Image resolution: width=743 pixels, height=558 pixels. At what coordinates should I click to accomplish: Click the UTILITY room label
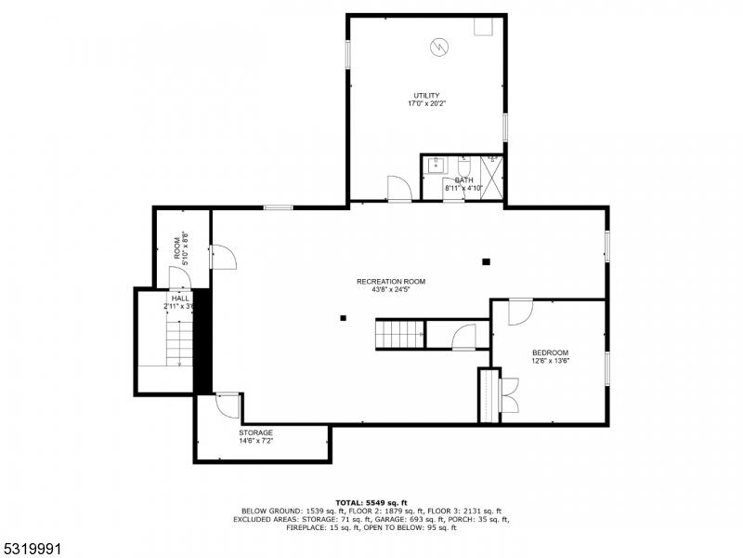[426, 95]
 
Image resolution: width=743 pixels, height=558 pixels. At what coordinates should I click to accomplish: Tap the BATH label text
[463, 179]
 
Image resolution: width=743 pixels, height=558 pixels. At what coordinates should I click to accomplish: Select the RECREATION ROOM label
[390, 281]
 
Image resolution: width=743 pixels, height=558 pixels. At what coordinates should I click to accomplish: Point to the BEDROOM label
[550, 352]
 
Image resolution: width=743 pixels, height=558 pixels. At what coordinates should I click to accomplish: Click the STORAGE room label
[255, 432]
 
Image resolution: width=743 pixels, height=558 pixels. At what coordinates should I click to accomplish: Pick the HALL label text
[179, 299]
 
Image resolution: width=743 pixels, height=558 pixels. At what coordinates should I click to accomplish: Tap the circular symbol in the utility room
[438, 46]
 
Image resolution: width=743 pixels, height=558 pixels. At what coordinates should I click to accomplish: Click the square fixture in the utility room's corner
[484, 27]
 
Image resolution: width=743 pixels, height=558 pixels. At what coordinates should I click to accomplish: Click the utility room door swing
[398, 187]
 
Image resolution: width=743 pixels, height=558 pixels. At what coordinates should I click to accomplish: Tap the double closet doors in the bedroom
[509, 394]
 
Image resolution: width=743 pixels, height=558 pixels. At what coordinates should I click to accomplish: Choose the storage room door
[227, 405]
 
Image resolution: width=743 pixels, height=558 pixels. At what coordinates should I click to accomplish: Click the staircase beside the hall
[178, 341]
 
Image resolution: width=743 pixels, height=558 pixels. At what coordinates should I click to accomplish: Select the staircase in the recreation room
[399, 332]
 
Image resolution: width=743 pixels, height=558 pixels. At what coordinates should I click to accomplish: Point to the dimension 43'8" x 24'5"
[390, 289]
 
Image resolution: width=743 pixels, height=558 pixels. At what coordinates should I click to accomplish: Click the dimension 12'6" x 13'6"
[550, 362]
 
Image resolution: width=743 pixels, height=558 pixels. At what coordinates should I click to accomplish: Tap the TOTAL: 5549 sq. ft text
[371, 502]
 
